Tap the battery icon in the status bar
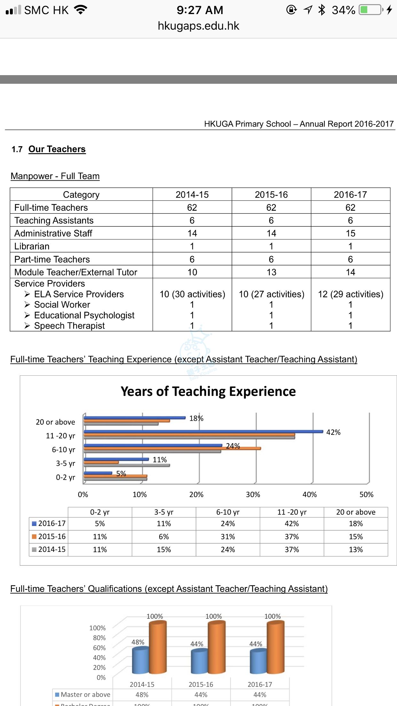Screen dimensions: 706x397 (371, 10)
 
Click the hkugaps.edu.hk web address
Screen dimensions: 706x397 (198, 26)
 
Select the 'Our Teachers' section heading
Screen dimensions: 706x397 (57, 149)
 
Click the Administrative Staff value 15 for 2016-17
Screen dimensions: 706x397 (350, 233)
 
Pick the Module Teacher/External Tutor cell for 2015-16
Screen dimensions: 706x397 (271, 272)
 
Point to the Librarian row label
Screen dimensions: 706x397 (32, 246)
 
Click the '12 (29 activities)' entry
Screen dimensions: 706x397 (350, 294)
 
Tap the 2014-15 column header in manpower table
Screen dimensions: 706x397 (192, 194)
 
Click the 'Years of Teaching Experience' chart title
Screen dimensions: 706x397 (208, 391)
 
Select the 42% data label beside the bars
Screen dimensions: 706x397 (333, 432)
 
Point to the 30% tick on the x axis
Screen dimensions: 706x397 (253, 494)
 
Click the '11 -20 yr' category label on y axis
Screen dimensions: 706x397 (60, 436)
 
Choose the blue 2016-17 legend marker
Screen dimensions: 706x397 (34, 524)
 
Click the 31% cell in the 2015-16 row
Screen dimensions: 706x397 (228, 537)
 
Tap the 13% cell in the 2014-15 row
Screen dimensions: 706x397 (355, 549)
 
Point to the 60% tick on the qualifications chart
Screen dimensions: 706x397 (99, 647)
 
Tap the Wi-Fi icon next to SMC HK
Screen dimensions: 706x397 (81, 10)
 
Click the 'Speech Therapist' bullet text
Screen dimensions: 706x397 (69, 326)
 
